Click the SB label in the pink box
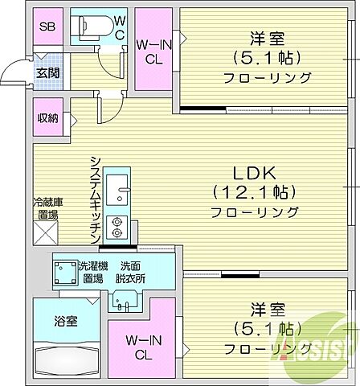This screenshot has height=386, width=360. [x=47, y=27]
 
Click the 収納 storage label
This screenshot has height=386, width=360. [x=47, y=118]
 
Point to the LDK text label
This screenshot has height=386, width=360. [x=255, y=173]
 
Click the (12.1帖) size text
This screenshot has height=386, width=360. [x=255, y=193]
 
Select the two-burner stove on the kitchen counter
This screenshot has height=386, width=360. [x=118, y=227]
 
